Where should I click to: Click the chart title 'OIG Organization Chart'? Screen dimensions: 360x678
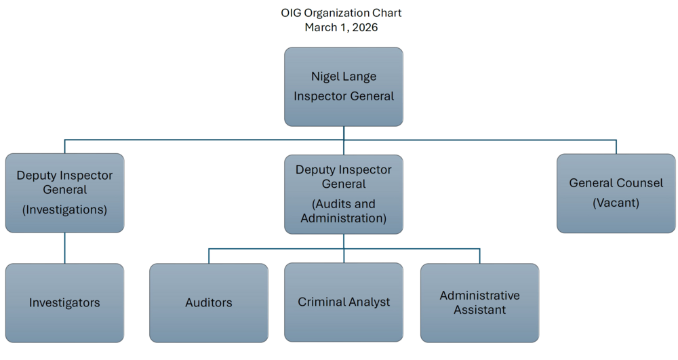tap(341, 13)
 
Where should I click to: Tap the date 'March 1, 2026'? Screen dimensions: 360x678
tap(341, 28)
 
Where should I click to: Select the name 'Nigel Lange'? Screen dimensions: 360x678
tap(343, 77)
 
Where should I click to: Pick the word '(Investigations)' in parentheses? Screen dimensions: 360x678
tap(64, 209)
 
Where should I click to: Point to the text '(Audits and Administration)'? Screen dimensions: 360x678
tap(343, 211)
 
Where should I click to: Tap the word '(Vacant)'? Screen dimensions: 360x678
tap(616, 203)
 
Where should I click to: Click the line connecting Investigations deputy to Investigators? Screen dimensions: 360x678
tap(64, 248)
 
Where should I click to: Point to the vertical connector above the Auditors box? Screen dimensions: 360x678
tap(209, 256)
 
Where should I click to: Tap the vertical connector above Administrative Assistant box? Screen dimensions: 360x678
tap(480, 256)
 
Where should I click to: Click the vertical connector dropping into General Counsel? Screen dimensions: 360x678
tap(616, 147)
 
